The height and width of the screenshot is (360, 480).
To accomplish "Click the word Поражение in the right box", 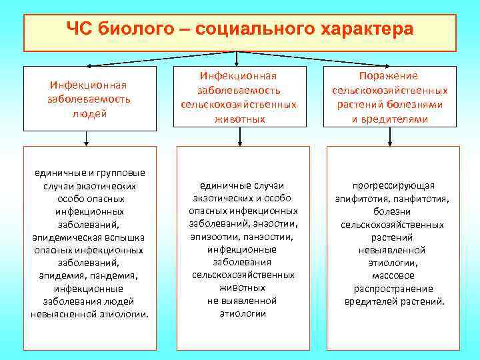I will coord(389,77).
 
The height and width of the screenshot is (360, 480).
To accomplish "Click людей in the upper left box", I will coord(89,113).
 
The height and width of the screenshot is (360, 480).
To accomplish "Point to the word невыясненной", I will coord(60,314).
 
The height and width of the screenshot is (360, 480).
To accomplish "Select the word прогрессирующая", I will coord(394,185).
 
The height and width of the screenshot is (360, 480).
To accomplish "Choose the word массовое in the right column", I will coord(393,275).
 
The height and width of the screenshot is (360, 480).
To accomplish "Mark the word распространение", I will coord(393,289).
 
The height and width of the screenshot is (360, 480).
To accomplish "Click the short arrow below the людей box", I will coord(87,138).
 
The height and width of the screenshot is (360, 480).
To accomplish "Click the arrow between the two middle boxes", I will coord(241,136).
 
